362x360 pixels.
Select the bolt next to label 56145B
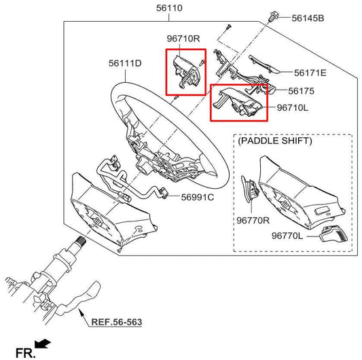click(274, 16)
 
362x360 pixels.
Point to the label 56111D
click(125, 64)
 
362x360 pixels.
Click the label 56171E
click(310, 72)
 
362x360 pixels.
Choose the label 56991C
click(198, 198)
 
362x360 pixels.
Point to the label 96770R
click(252, 221)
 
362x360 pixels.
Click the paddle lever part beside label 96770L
click(332, 235)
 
